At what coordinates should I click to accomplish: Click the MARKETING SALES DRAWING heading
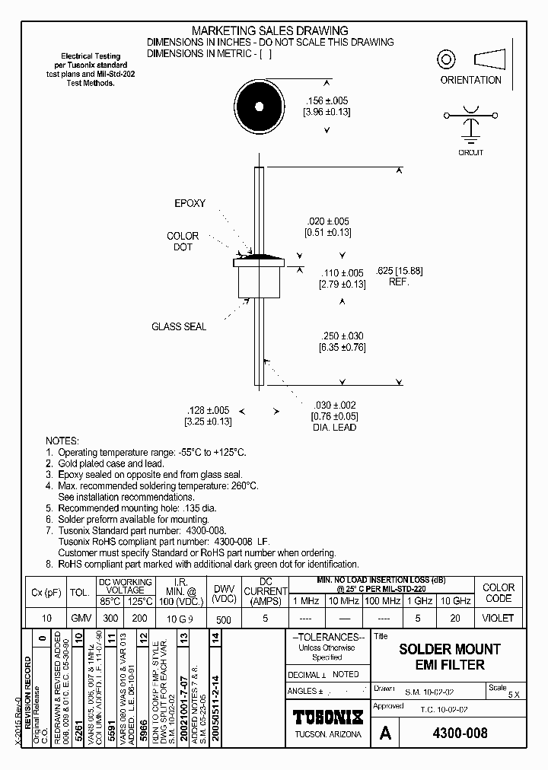point(269,30)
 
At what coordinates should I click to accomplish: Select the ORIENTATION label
point(470,80)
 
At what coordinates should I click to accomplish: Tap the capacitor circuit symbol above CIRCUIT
point(471,122)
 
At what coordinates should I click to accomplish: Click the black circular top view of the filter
point(259,106)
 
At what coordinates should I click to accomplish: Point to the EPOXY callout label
point(190,204)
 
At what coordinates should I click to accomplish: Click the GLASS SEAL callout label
point(179,326)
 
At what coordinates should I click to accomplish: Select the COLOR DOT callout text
point(183,242)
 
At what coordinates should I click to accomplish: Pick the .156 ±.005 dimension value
point(327,100)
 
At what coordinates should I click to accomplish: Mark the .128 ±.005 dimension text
point(208,410)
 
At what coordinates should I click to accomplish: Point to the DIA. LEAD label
point(334,427)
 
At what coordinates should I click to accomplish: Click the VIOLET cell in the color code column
point(499,619)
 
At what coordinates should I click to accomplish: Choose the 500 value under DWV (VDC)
point(223,619)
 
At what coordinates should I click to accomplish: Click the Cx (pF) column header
point(46,591)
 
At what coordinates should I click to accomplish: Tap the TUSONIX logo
point(328,717)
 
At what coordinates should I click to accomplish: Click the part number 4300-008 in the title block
point(460,733)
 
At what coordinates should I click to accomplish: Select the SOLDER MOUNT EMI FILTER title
point(450,657)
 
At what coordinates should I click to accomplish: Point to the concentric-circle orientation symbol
point(446,59)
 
